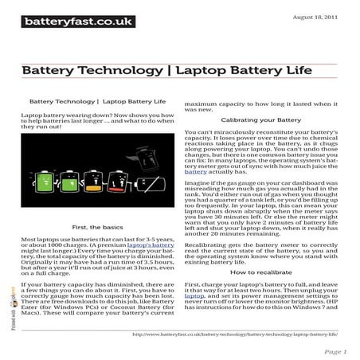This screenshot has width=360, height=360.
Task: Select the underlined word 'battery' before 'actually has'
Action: pos(195,171)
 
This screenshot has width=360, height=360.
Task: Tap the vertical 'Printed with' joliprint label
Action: pos(14,319)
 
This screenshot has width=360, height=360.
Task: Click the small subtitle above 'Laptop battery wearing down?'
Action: pos(97,102)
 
